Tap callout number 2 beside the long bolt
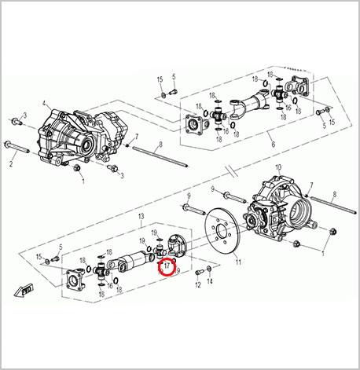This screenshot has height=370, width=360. point(11,165)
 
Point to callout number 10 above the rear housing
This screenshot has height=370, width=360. point(279,167)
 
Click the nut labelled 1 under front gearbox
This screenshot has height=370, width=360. point(76,167)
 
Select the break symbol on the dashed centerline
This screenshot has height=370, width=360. point(227,170)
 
